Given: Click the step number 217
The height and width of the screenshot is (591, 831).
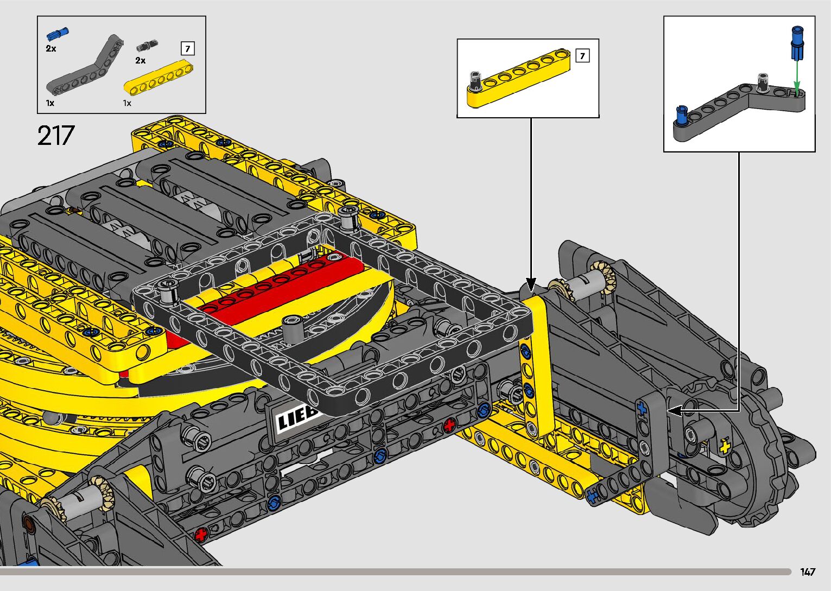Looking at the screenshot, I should click(x=56, y=135).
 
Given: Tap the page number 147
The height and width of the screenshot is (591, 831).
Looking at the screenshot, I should click(x=807, y=571).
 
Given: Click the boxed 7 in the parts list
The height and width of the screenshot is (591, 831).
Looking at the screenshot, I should click(x=187, y=49).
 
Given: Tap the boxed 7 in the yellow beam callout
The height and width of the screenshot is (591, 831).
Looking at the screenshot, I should click(x=582, y=56).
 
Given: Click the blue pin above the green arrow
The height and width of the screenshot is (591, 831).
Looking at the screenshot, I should click(x=797, y=43).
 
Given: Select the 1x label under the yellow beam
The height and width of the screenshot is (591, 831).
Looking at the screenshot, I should click(x=128, y=103).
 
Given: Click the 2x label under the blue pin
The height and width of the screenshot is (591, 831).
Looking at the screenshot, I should click(x=50, y=48).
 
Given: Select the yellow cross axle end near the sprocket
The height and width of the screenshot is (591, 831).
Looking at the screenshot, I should click(x=724, y=447).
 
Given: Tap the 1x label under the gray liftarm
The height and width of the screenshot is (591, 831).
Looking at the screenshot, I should click(x=50, y=103).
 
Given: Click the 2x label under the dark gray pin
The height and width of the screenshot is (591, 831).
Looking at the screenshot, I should click(x=140, y=61).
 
